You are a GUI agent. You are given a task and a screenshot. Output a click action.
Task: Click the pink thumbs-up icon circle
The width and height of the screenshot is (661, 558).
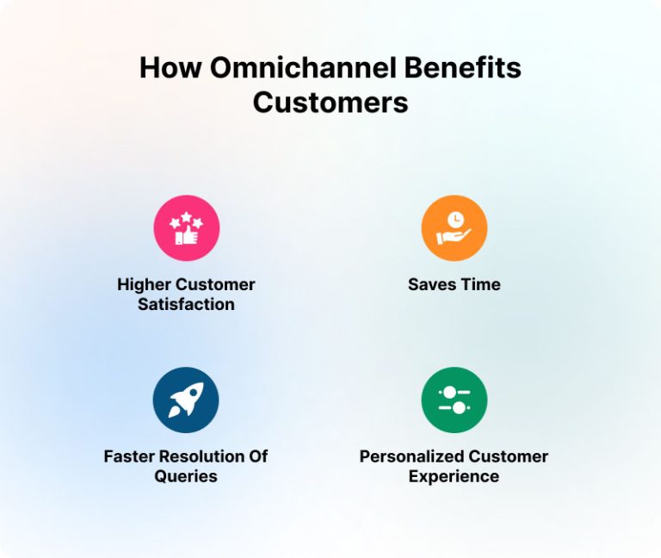[x=186, y=228]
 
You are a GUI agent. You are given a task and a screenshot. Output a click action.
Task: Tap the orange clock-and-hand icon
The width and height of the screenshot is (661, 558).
[x=454, y=228]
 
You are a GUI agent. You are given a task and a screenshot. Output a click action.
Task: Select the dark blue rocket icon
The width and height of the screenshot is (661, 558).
[x=186, y=400]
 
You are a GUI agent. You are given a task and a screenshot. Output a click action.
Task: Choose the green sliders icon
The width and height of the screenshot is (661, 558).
[x=454, y=400]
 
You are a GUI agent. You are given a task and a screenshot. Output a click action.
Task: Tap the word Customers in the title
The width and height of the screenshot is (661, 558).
[x=330, y=102]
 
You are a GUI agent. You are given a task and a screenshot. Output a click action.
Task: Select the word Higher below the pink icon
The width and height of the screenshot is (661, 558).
[x=143, y=284]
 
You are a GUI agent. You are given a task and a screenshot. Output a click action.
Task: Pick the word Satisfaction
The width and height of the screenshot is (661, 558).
[x=186, y=304]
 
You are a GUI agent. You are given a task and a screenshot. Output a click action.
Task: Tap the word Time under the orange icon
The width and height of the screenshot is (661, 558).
[x=480, y=284]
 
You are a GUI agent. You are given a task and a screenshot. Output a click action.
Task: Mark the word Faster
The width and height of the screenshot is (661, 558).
[x=129, y=456]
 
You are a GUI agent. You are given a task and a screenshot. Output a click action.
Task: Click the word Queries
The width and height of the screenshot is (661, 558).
[x=186, y=476]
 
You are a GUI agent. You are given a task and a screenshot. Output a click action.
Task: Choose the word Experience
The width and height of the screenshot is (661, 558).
[x=454, y=476]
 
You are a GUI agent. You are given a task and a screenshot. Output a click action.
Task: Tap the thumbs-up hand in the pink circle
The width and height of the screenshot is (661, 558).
[x=186, y=234]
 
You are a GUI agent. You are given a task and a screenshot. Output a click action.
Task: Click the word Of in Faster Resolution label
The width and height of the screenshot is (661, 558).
[x=259, y=456]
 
